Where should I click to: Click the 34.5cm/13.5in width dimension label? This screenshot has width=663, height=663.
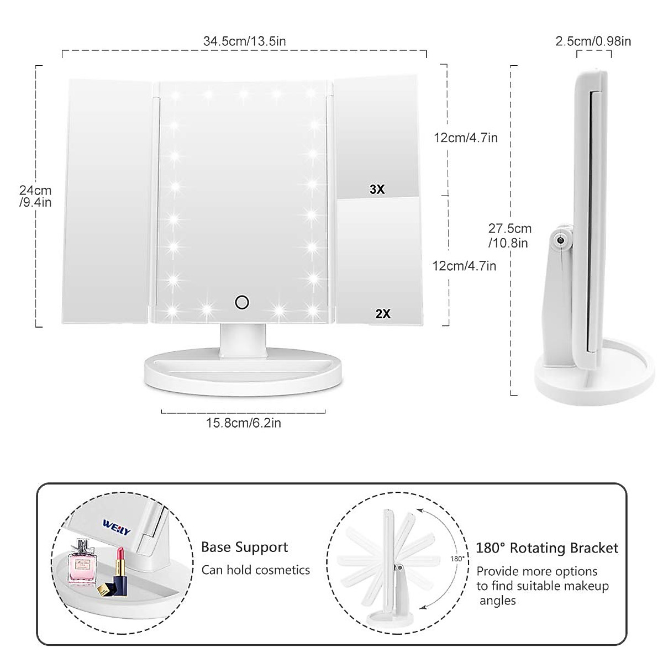(244, 41)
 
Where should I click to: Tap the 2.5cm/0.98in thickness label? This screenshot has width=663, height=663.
(593, 41)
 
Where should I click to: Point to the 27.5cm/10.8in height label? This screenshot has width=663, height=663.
(509, 235)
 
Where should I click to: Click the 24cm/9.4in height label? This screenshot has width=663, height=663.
(35, 196)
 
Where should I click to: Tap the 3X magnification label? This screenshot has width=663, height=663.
(377, 190)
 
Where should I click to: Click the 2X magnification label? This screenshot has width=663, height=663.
(382, 314)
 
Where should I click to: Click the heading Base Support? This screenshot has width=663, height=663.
(244, 548)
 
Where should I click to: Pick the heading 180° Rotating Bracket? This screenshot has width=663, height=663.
(547, 548)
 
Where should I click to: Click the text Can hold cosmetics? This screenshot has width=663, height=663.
(255, 570)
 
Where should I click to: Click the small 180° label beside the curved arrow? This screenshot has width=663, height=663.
(456, 559)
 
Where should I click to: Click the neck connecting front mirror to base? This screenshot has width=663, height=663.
(243, 338)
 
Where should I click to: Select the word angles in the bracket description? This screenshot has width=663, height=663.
(497, 601)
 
